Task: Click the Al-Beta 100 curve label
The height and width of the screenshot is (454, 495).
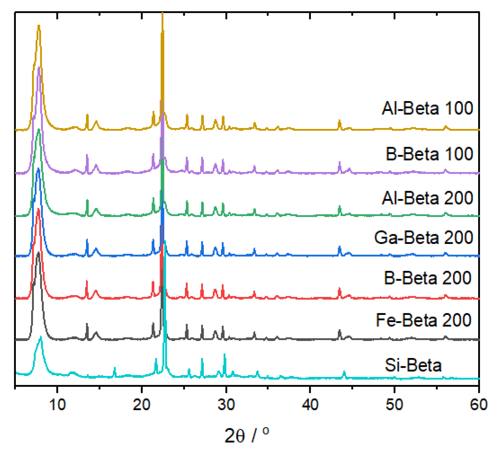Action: click(427, 108)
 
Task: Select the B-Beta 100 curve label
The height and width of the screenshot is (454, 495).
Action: click(429, 154)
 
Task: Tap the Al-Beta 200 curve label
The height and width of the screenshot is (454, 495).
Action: click(427, 198)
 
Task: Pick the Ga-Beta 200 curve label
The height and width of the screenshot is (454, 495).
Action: click(423, 237)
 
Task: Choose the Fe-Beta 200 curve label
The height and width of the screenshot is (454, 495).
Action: click(423, 320)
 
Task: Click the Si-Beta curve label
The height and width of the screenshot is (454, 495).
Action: click(413, 365)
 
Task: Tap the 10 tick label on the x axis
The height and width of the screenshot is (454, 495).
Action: click(57, 405)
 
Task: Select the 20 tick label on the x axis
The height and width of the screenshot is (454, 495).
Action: click(142, 405)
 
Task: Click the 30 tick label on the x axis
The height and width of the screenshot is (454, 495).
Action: click(226, 405)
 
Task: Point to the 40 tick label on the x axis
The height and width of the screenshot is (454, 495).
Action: click(310, 405)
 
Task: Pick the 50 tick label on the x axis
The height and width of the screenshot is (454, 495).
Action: click(394, 405)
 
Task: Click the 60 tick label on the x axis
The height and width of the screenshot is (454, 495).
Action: click(478, 405)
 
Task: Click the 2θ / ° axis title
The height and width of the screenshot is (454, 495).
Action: click(247, 435)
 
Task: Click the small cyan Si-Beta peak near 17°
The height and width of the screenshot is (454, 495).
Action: click(115, 368)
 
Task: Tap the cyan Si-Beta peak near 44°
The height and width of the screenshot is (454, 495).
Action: click(344, 372)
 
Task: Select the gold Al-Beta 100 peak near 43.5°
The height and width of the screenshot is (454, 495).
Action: click(340, 121)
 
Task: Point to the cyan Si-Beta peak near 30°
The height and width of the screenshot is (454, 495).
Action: click(225, 355)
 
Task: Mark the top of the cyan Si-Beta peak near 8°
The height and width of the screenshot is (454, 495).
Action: click(41, 337)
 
